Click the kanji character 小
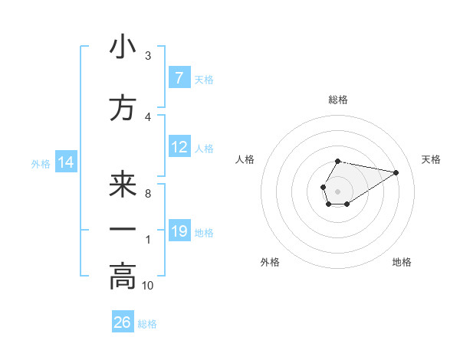[x=123, y=47]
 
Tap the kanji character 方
[x=123, y=109]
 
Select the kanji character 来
[x=123, y=185]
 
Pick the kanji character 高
[x=123, y=276]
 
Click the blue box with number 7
[x=179, y=78]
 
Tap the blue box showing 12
[x=179, y=147]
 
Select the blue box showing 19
[x=179, y=231]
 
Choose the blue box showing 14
[x=66, y=162]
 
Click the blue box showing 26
[x=123, y=322]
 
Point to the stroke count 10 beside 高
[x=148, y=286]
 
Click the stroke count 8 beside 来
[x=148, y=194]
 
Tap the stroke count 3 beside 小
[x=148, y=56]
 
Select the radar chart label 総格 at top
[x=338, y=100]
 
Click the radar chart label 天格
[x=431, y=159]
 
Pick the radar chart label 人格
[x=245, y=159]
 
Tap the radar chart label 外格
[x=270, y=262]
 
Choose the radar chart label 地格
[x=402, y=262]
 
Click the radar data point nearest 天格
[x=396, y=172]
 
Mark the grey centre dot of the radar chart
[x=337, y=190]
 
